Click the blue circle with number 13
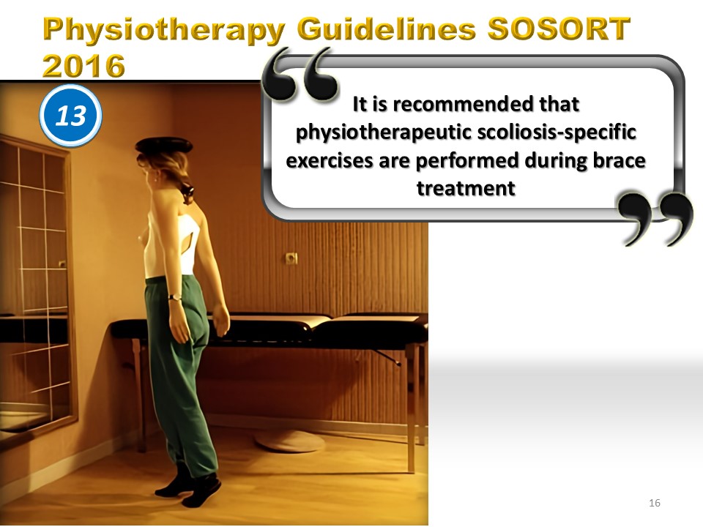(x=71, y=115)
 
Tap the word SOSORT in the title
(x=559, y=29)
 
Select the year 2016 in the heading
(x=83, y=65)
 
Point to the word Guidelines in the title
(x=386, y=29)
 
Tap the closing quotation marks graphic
(x=655, y=218)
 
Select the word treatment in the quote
(x=466, y=188)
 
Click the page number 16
(x=655, y=503)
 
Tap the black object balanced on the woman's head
(x=164, y=145)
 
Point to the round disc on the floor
(x=290, y=441)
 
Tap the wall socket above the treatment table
(x=291, y=258)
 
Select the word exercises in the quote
(x=330, y=160)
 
